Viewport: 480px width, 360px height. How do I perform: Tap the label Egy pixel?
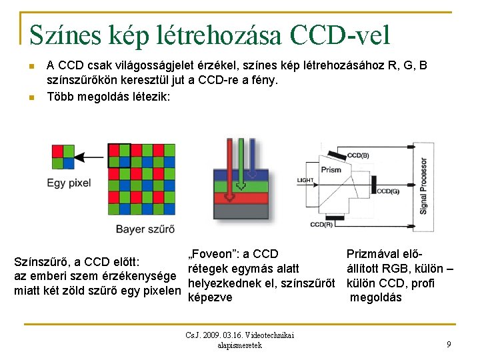(x=69, y=182)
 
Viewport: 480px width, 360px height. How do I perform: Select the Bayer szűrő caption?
(x=145, y=229)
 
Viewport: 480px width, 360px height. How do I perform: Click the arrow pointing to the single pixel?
(x=91, y=156)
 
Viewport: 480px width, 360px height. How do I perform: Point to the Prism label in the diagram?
(x=331, y=169)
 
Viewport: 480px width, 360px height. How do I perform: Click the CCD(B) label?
(x=358, y=155)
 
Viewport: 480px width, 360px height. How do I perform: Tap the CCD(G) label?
(x=387, y=191)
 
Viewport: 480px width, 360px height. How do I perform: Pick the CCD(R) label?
(x=321, y=224)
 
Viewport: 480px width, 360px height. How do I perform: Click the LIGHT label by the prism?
(x=305, y=180)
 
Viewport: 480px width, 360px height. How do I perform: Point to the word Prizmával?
(x=375, y=254)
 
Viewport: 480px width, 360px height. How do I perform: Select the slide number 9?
(x=449, y=344)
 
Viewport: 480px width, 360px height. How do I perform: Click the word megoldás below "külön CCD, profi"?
(x=376, y=297)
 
